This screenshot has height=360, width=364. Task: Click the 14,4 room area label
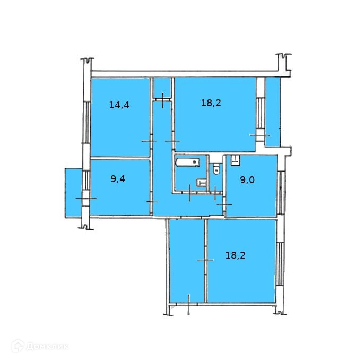[119, 105]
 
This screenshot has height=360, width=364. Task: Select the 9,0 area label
[247, 180]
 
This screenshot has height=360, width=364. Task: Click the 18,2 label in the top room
[211, 103]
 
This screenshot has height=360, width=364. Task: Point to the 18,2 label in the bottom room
[236, 255]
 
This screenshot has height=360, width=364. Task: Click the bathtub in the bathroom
[187, 161]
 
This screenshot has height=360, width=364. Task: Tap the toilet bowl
[215, 170]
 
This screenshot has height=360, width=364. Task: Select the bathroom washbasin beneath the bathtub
[201, 183]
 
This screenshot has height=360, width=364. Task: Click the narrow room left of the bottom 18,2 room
[187, 260]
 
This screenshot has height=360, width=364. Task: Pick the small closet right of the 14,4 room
[162, 88]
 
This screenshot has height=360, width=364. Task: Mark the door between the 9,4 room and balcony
[85, 198]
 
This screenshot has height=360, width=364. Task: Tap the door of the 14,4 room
[149, 141]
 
